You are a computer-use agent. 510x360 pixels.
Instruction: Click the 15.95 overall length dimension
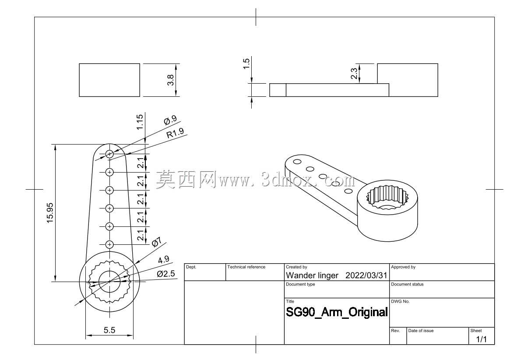point(50,213)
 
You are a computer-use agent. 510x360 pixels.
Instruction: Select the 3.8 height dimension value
point(170,80)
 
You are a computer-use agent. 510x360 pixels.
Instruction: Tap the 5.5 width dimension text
point(109,330)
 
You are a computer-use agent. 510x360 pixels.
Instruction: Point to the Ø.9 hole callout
point(170,120)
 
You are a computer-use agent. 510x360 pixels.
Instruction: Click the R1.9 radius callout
point(175,133)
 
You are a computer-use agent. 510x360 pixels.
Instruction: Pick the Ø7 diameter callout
point(156,243)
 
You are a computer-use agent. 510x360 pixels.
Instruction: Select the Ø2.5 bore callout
point(166,274)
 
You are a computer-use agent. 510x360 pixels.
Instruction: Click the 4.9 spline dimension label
point(164,259)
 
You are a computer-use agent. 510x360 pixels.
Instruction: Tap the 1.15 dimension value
point(140,122)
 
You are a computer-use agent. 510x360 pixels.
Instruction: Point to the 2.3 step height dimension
point(354,73)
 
